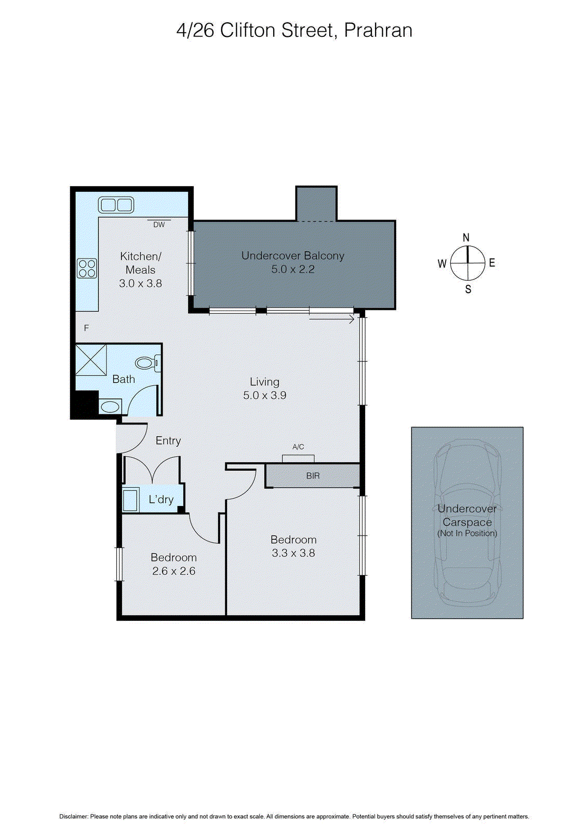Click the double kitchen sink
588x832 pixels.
(116, 204)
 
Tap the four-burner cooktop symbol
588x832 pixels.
(87, 268)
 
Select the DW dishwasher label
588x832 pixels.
(159, 225)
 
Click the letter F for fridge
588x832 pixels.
(87, 328)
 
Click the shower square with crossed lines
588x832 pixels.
(91, 359)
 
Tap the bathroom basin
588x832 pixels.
(110, 406)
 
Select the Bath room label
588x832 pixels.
(124, 380)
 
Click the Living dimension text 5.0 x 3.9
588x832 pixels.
(264, 395)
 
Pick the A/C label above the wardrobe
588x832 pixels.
(298, 447)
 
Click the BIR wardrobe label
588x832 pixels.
(313, 476)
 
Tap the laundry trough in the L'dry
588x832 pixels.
(130, 500)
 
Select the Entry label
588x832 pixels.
(168, 441)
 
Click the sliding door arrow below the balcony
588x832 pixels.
(332, 319)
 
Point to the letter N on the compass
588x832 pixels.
(466, 238)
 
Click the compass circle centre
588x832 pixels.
(467, 263)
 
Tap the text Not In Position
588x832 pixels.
(467, 534)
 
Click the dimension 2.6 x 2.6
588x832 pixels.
(173, 571)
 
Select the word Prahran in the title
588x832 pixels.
(378, 31)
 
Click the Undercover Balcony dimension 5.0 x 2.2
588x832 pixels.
(292, 269)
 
